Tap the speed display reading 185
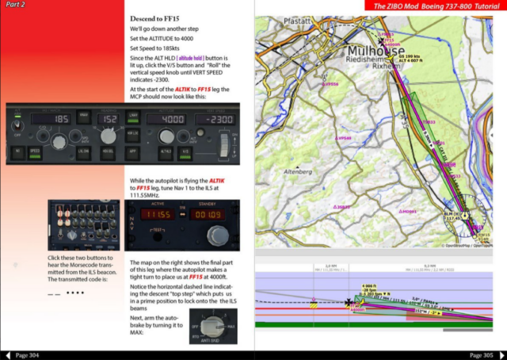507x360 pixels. [x=60, y=118]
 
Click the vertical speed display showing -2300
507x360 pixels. [x=214, y=118]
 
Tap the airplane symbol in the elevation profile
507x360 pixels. [x=349, y=302]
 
